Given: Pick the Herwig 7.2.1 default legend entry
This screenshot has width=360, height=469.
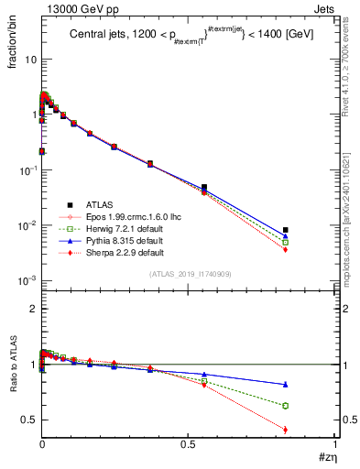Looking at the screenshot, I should pos(115,228).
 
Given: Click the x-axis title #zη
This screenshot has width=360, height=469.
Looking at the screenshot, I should pos(327,458).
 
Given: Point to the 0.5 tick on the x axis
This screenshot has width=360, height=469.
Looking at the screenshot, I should pos(189,444).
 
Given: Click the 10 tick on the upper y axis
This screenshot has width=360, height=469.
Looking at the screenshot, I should pos(30,60).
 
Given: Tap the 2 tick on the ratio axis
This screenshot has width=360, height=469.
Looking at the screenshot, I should pos(32,309).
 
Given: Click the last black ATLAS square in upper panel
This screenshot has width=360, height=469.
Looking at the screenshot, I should pos(311,230).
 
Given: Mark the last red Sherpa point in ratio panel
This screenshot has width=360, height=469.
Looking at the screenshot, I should pos(311,430).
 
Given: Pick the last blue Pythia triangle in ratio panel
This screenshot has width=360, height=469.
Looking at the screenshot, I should pos(311,384).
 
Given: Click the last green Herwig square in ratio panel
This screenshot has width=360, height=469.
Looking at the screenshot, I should pos(311,405).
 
